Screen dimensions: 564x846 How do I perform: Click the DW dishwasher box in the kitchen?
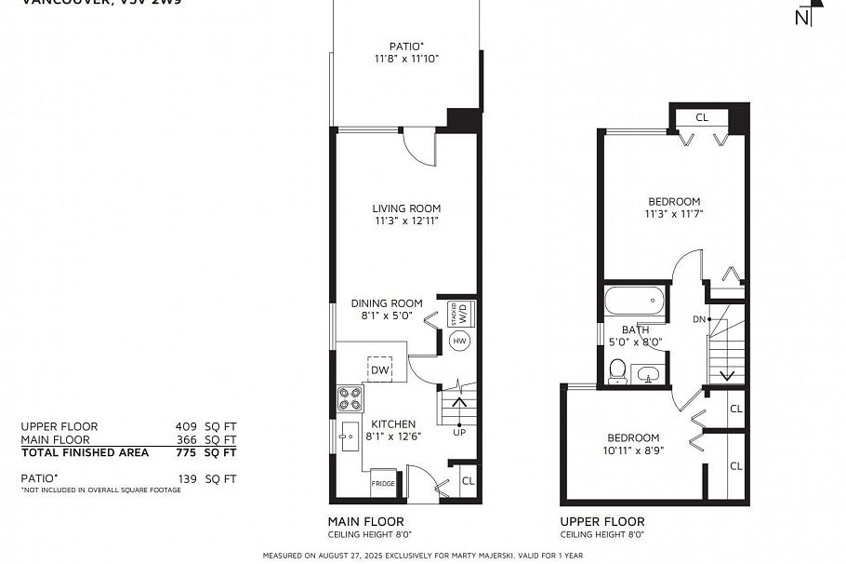point(379,369)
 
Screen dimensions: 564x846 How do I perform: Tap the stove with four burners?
point(350,398)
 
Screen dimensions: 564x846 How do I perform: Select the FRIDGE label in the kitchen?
point(382,484)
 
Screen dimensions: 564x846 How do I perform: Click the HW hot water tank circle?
point(459,342)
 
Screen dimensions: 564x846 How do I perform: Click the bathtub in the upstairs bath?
point(634,302)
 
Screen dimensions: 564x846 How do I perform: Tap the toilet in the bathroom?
point(616,372)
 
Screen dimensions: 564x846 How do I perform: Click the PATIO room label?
point(406,46)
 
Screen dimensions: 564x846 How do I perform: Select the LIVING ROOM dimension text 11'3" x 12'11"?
point(406,222)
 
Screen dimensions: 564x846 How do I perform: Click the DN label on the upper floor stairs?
point(699,319)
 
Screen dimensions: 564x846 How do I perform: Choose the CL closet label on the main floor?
point(468,481)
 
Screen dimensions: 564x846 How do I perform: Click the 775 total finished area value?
point(188,453)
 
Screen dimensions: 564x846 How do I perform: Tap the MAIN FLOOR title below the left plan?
point(366,521)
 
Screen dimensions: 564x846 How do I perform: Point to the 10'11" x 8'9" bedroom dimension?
point(633,451)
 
